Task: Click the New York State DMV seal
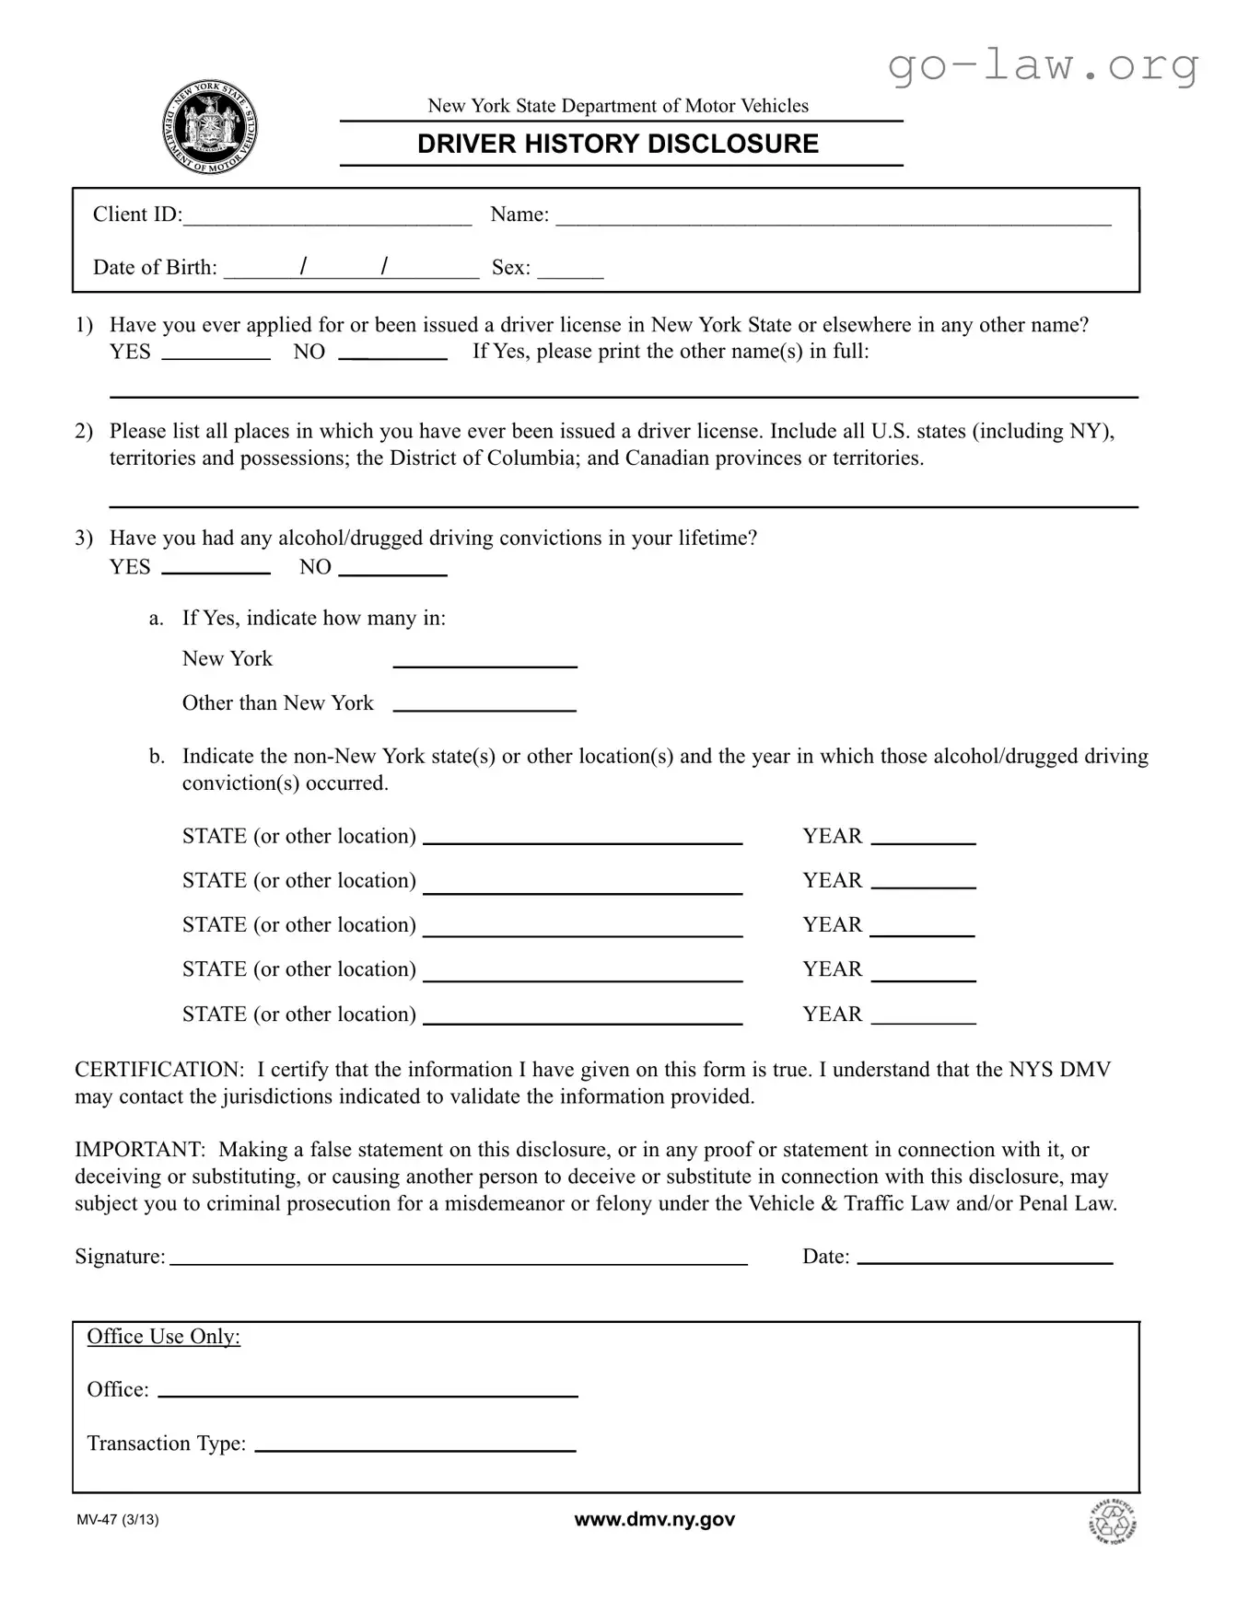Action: click(210, 128)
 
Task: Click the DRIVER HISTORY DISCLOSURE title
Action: click(618, 145)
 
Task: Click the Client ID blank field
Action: click(327, 217)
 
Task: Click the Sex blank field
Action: click(570, 270)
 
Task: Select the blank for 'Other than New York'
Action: click(484, 704)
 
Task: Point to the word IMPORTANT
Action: click(139, 1150)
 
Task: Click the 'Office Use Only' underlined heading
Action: click(163, 1337)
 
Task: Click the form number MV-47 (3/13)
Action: click(118, 1520)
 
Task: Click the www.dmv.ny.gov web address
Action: click(654, 1520)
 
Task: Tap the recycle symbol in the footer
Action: click(1112, 1522)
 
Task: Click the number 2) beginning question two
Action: click(84, 432)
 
